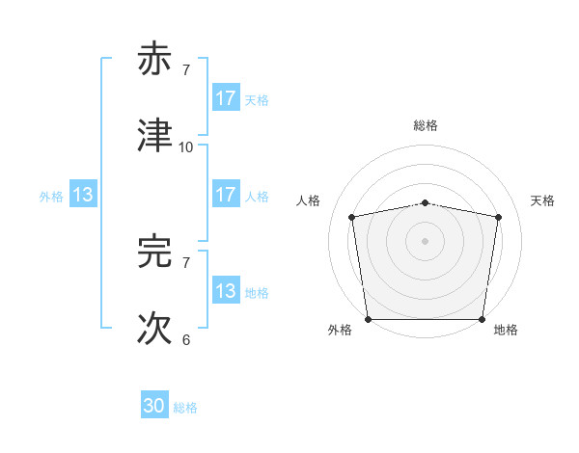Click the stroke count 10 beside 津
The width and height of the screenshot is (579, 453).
point(186,147)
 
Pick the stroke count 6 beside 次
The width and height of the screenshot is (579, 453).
point(186,339)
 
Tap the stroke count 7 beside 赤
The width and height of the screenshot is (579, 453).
point(186,70)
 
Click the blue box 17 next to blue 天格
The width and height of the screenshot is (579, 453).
point(226,98)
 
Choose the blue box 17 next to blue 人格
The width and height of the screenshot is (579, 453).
point(226,195)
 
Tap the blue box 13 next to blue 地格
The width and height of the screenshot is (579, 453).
point(226,291)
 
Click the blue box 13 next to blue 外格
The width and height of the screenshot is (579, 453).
point(83,195)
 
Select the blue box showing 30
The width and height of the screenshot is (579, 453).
point(154,407)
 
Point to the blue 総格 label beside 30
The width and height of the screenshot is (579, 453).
point(186,408)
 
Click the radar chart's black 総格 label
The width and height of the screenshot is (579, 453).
point(426,125)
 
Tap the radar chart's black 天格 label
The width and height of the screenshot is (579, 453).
point(542,200)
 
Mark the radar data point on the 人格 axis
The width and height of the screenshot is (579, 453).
point(352,217)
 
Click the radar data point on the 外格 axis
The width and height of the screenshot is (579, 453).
point(368,319)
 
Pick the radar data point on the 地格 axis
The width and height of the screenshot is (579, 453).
point(482,319)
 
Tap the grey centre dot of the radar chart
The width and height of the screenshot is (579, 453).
point(426,240)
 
